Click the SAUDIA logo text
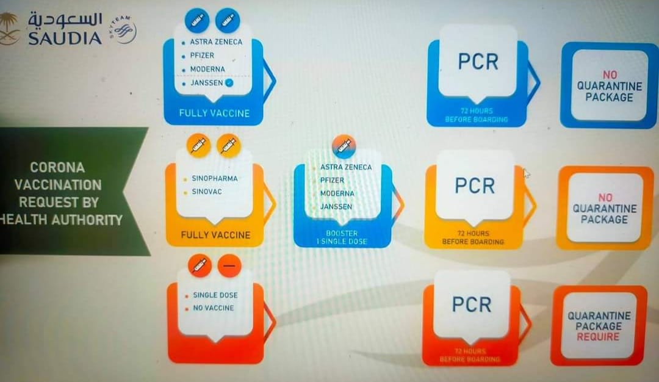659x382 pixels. [x=65, y=37]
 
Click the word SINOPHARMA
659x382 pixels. [x=214, y=179]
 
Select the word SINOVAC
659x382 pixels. [x=207, y=192]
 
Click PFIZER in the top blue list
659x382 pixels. [x=202, y=56]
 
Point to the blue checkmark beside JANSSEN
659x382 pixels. [x=229, y=83]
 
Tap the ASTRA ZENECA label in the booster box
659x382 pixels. [x=345, y=167]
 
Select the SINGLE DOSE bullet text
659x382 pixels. [x=215, y=295]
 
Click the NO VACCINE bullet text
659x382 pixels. [x=213, y=308]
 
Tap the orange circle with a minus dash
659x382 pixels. [x=229, y=266]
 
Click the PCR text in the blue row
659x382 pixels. [x=478, y=62]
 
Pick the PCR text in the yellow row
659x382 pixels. [x=474, y=186]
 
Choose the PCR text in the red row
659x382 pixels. [x=472, y=304]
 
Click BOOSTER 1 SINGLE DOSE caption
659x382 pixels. [x=342, y=237]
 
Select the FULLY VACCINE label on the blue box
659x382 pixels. [x=214, y=114]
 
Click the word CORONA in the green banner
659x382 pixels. [x=57, y=167]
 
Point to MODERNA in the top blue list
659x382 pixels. [x=207, y=70]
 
